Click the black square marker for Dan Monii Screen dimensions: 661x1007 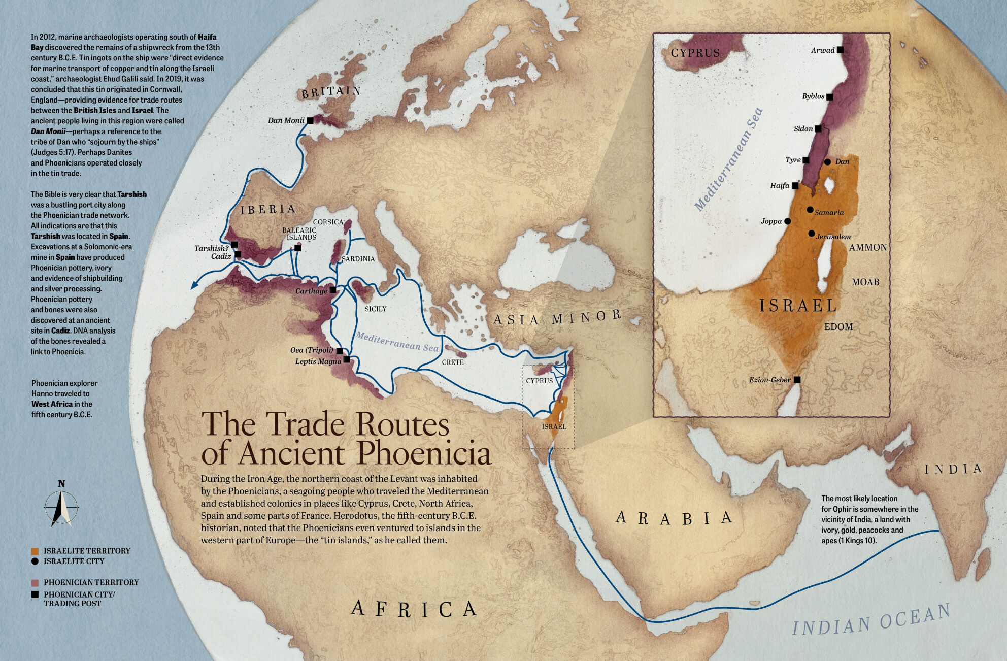click(x=310, y=120)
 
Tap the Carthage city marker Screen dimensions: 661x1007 click(x=332, y=290)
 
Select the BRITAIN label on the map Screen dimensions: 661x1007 click(x=331, y=92)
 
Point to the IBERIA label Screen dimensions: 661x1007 click(x=268, y=209)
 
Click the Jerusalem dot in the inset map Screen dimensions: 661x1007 click(x=811, y=234)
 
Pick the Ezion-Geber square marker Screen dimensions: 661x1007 click(x=797, y=380)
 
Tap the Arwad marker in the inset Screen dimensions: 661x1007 click(x=840, y=50)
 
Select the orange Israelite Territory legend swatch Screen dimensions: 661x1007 click(x=35, y=551)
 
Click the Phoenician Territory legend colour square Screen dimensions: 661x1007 click(x=35, y=582)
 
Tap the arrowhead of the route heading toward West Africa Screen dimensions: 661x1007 click(x=193, y=286)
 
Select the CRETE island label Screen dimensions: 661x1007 click(x=452, y=362)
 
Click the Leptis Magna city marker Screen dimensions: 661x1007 click(x=347, y=360)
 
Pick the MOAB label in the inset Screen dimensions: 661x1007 click(x=865, y=282)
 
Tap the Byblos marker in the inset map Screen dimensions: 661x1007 click(x=829, y=96)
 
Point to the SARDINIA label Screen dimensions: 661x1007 click(x=358, y=259)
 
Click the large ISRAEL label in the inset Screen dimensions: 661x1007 click(x=798, y=305)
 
